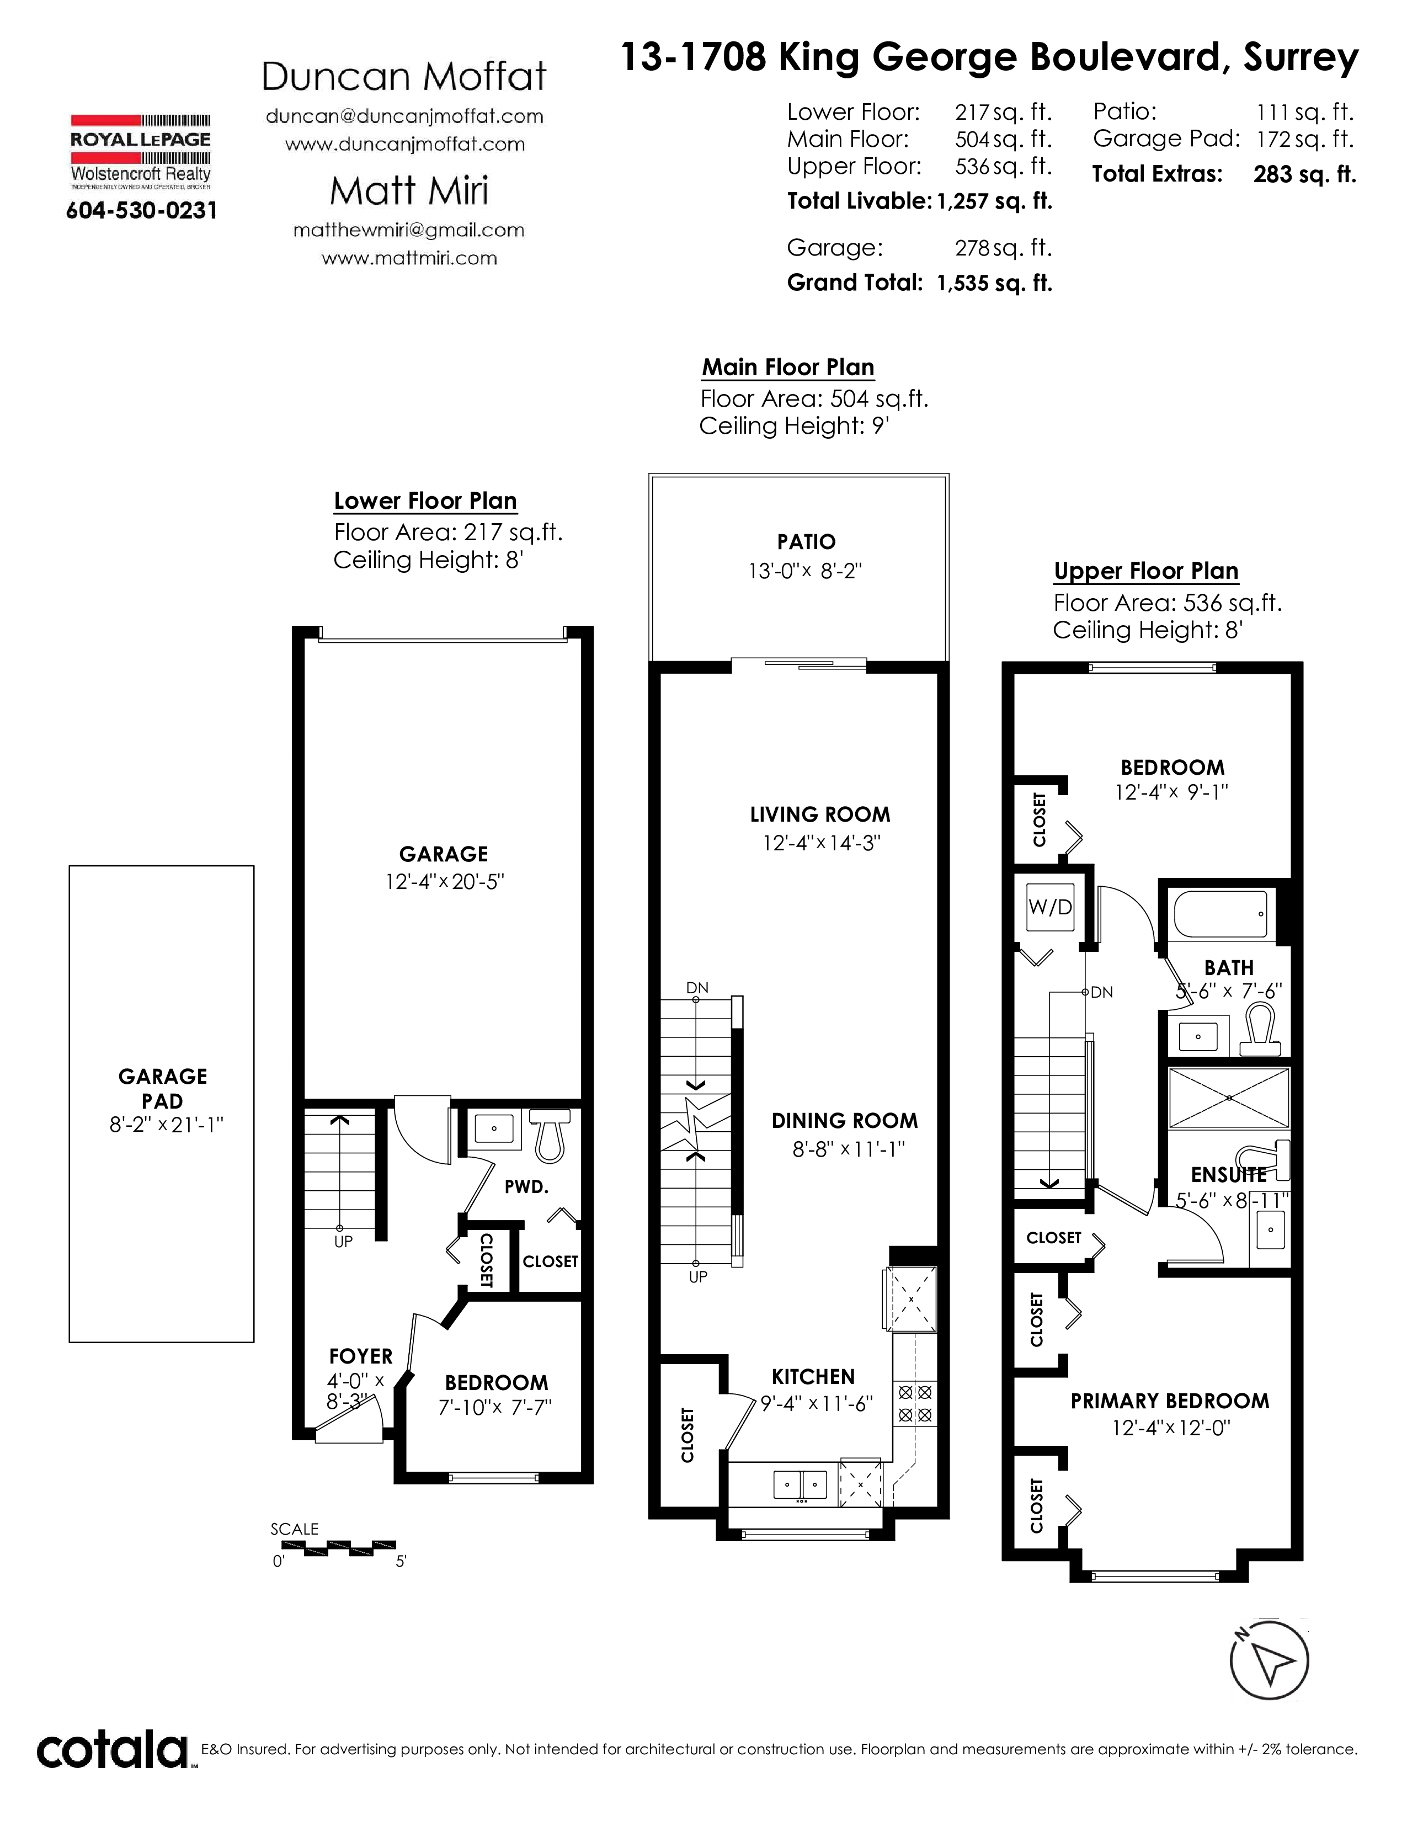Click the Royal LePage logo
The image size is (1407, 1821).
140,151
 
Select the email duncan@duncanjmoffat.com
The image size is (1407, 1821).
404,117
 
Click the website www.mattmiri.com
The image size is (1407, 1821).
409,258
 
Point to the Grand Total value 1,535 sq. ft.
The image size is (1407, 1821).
994,284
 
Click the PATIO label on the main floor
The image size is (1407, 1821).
806,542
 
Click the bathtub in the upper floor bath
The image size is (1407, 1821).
1221,914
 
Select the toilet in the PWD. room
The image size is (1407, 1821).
550,1134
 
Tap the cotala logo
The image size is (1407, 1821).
113,1751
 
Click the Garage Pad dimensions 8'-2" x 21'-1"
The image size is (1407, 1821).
167,1125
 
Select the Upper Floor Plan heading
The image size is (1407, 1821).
1146,571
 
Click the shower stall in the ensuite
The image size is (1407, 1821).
1229,1099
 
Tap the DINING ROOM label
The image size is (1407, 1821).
844,1121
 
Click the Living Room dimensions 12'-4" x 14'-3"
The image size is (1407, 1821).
821,843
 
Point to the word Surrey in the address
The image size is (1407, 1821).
1301,57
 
